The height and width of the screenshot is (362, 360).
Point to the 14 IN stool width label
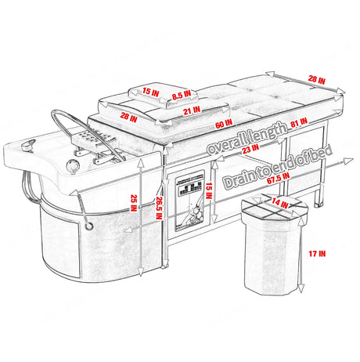(x=275, y=203)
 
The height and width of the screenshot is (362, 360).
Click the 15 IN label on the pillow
(x=152, y=92)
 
